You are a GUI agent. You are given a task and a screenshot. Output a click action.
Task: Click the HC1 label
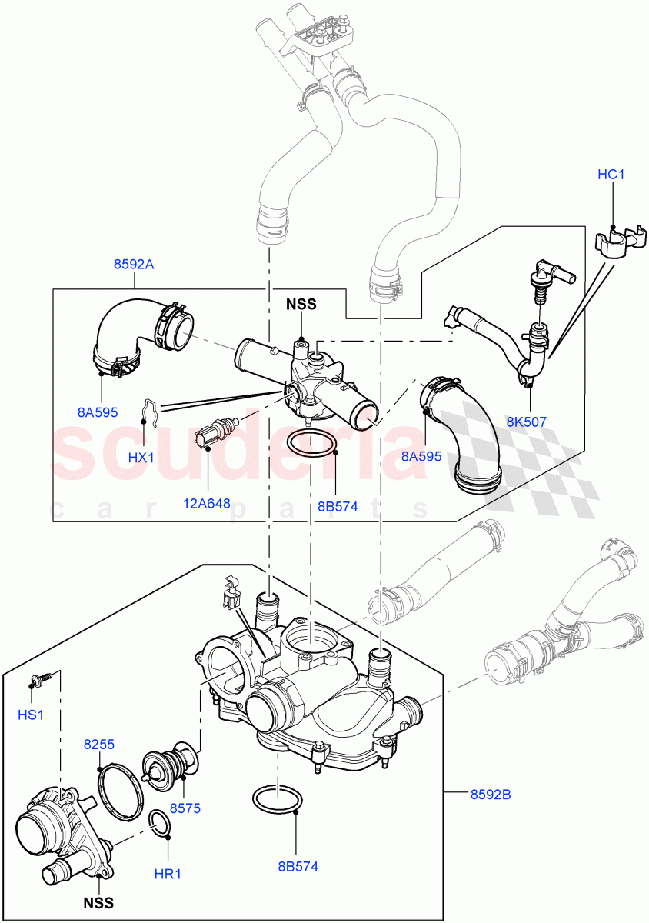tap(611, 175)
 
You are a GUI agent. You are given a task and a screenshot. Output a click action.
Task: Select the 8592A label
tap(135, 265)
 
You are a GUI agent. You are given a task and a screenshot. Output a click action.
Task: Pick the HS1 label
tap(31, 715)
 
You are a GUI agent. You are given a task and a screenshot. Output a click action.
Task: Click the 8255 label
tap(99, 745)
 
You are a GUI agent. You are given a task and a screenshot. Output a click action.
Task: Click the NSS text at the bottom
tap(98, 903)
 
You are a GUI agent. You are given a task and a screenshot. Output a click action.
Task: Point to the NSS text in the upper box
tap(301, 304)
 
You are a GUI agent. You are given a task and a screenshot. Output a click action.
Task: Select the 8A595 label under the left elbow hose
tap(98, 412)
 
